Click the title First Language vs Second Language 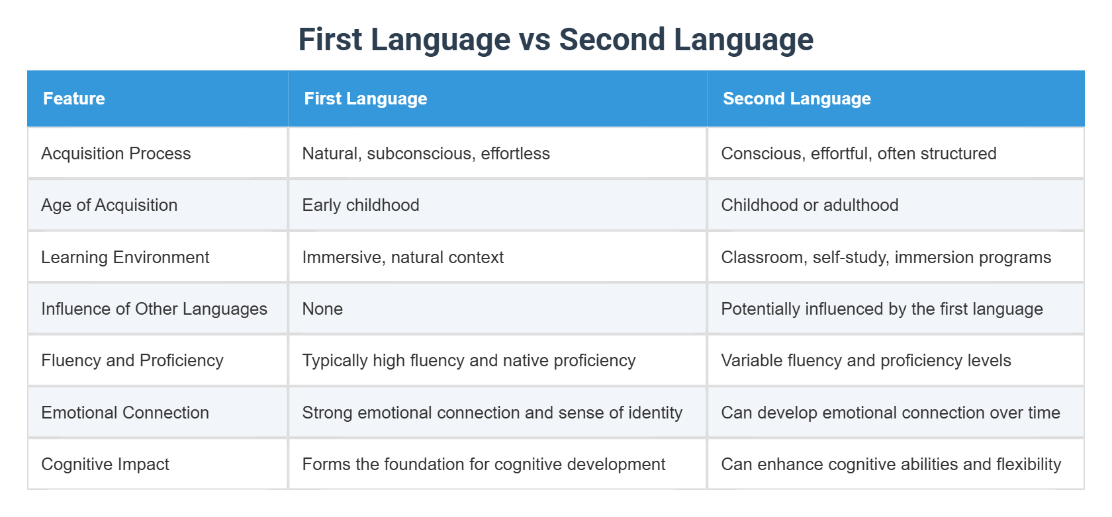tap(555, 40)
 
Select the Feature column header tap(74, 99)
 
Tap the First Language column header tap(365, 99)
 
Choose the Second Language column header tap(796, 99)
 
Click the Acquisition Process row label tap(116, 153)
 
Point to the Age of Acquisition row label tap(109, 205)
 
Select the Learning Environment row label tap(125, 257)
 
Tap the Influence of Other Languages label tap(154, 309)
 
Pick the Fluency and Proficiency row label tap(132, 360)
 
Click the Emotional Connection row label tap(125, 413)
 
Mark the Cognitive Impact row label tap(105, 464)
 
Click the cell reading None tap(322, 309)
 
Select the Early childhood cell tap(361, 205)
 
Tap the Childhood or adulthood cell tap(810, 205)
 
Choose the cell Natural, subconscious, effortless tap(426, 153)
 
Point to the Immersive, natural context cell tap(402, 257)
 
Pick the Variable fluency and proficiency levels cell tap(866, 360)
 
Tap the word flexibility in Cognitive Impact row tap(1028, 464)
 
